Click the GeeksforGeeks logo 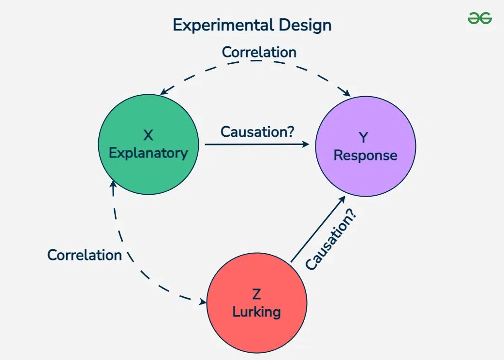[479, 18]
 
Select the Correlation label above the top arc [259, 52]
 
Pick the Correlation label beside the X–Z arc [85, 255]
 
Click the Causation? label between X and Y [257, 131]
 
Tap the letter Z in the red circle [256, 294]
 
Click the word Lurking [256, 312]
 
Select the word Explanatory [148, 153]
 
